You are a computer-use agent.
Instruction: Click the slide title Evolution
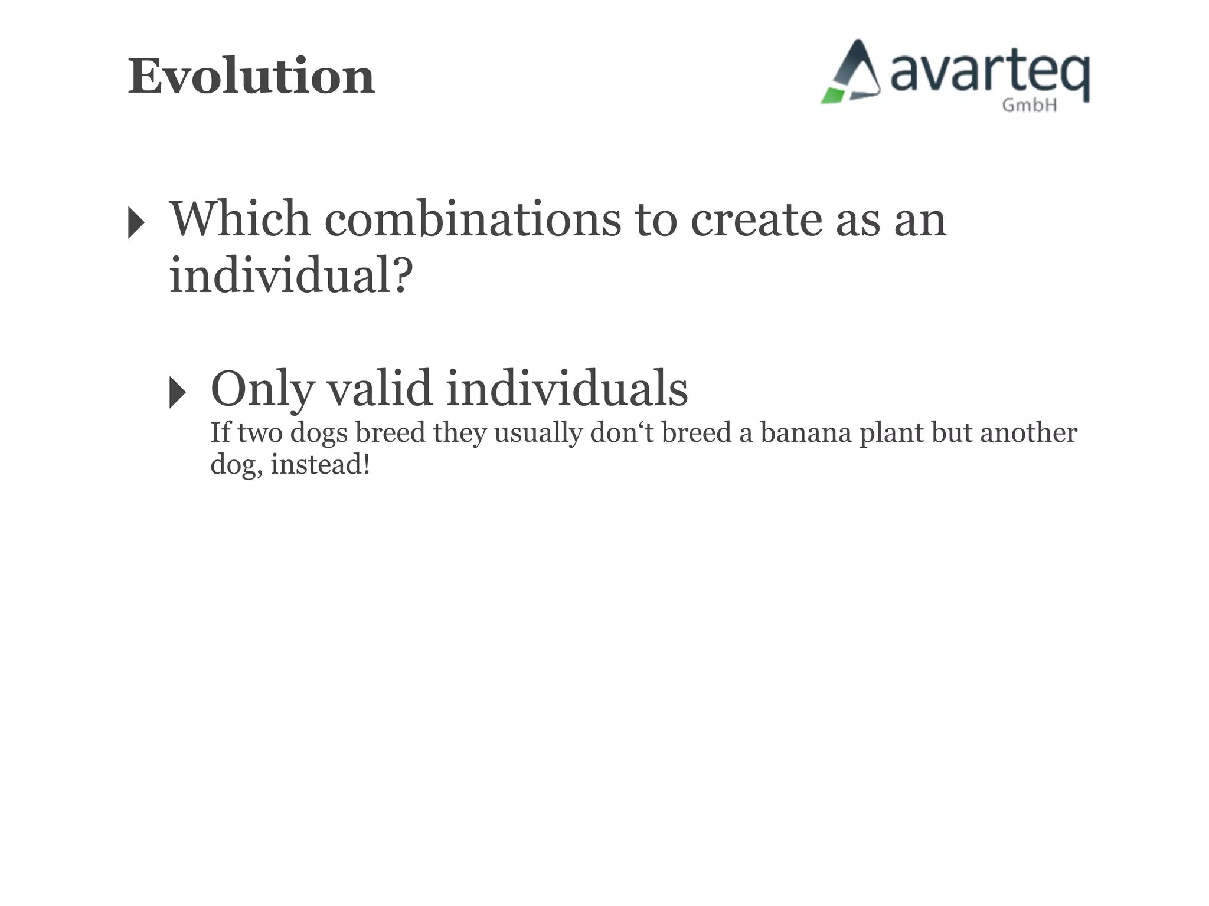(x=251, y=77)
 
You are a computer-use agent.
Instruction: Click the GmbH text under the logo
(x=1030, y=106)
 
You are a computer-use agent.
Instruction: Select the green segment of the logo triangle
(x=834, y=96)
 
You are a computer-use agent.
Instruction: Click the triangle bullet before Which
(x=136, y=223)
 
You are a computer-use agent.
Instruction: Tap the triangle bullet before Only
(x=177, y=392)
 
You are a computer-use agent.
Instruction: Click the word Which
(x=240, y=219)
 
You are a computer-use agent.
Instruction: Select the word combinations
(x=472, y=219)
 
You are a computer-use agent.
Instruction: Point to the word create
(x=757, y=219)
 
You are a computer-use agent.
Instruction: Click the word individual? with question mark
(x=290, y=275)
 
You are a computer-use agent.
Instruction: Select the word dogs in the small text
(x=319, y=434)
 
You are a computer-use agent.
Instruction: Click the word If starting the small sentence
(x=220, y=432)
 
